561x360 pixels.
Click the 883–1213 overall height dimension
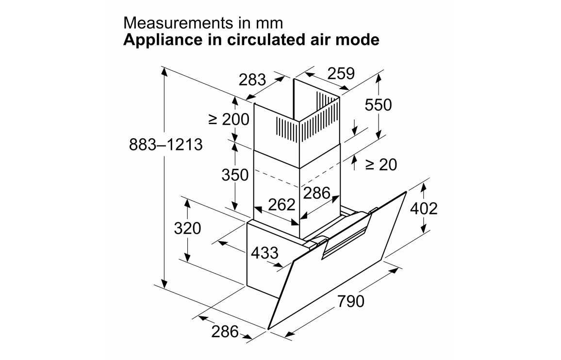[165, 145]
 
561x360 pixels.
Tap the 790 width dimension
[350, 301]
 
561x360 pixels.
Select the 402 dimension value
[424, 209]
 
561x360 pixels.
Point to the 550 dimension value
[378, 105]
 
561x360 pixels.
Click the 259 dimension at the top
[341, 74]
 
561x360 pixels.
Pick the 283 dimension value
[252, 80]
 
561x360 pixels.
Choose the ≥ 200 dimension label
[229, 119]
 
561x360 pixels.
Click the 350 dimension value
[235, 175]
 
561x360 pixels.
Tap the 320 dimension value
[187, 228]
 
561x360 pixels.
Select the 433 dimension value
[265, 253]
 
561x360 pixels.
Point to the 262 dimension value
[282, 204]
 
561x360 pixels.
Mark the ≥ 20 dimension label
[381, 164]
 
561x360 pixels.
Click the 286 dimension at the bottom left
[225, 332]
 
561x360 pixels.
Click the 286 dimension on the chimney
[316, 193]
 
